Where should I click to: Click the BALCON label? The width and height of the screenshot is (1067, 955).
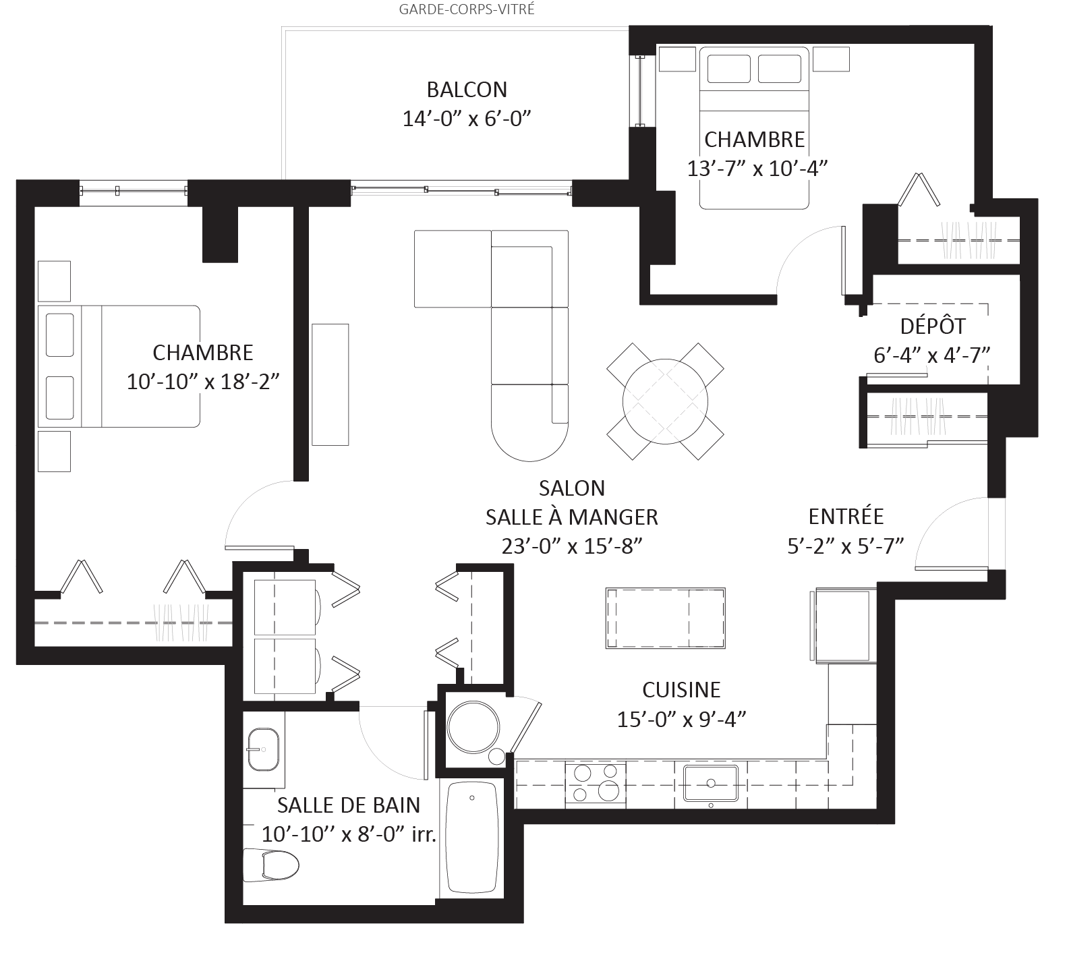467,90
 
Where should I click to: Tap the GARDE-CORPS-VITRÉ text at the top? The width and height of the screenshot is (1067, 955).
467,9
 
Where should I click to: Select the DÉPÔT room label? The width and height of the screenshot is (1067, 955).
932,326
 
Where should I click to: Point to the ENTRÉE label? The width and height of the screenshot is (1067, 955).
846,517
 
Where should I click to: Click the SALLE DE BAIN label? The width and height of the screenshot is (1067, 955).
348,805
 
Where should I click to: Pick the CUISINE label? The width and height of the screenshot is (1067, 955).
681,690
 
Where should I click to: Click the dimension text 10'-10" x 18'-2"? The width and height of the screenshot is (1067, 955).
203,382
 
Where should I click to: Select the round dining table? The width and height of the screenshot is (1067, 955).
665,401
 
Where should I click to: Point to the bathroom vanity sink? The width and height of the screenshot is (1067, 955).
263,749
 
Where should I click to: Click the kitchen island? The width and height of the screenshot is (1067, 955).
665,618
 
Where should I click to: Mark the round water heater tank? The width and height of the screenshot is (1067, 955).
473,726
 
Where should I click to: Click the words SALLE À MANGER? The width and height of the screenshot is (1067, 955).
571,517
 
